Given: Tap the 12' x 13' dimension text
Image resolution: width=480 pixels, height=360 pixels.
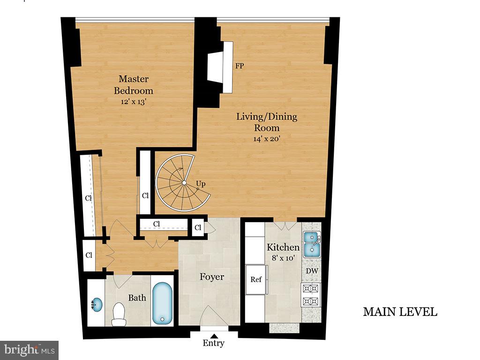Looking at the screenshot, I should pyautogui.click(x=134, y=101).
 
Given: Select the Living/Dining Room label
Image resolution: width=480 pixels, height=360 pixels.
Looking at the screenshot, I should pyautogui.click(x=266, y=122).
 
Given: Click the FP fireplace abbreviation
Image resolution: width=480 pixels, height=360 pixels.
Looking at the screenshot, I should pyautogui.click(x=240, y=66).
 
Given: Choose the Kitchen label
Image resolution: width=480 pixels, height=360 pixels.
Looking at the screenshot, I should pyautogui.click(x=283, y=247).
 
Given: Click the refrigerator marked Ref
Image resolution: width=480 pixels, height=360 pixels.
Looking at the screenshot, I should pyautogui.click(x=256, y=280).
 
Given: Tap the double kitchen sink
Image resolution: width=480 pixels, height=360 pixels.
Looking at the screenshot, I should pyautogui.click(x=311, y=245).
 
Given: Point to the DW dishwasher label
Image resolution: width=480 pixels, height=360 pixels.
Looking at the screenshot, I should pyautogui.click(x=311, y=271).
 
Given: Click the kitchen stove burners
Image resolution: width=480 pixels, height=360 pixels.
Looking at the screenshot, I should pyautogui.click(x=311, y=295).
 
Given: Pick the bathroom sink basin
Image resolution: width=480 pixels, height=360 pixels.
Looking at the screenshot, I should pyautogui.click(x=96, y=305).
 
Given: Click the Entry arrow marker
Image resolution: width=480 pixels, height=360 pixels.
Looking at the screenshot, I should pyautogui.click(x=213, y=335).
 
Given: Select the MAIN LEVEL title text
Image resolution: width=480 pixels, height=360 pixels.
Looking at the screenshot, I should pyautogui.click(x=400, y=312).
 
